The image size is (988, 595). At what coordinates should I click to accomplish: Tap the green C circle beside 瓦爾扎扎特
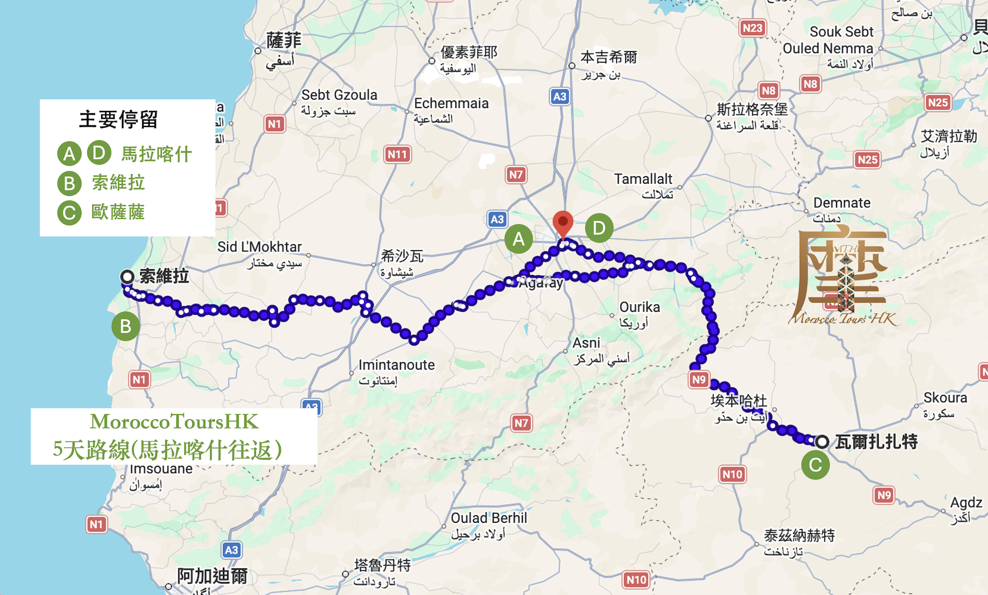[x=815, y=465]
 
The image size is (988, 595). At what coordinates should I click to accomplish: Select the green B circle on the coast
[x=125, y=326]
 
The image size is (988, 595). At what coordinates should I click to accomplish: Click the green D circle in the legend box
[x=99, y=153]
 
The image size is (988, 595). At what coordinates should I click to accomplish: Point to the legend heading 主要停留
[x=118, y=120]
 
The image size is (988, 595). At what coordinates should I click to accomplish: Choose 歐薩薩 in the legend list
[x=118, y=212]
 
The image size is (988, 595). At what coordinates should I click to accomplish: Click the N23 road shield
[x=752, y=28]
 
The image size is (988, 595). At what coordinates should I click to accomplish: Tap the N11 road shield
[x=397, y=154]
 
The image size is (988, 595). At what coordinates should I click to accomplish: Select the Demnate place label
[x=841, y=203]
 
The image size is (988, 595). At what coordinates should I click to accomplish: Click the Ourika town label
[x=639, y=307]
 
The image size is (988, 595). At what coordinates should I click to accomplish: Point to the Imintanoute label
[x=396, y=365]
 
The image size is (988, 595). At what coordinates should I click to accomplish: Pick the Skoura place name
[x=945, y=398]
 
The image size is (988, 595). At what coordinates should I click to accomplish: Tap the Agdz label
[x=966, y=503]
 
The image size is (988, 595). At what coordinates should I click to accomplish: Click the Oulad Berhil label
[x=489, y=518]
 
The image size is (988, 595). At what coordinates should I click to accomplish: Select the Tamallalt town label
[x=643, y=180]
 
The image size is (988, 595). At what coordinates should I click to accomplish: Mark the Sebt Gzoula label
[x=339, y=95]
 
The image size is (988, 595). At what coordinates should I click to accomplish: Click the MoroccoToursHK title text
[x=174, y=422]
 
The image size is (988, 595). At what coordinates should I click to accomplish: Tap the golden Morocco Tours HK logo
[x=842, y=277]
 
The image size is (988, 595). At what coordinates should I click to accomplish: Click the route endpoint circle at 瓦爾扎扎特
[x=822, y=442]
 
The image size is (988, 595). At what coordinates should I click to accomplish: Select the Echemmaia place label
[x=451, y=103]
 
